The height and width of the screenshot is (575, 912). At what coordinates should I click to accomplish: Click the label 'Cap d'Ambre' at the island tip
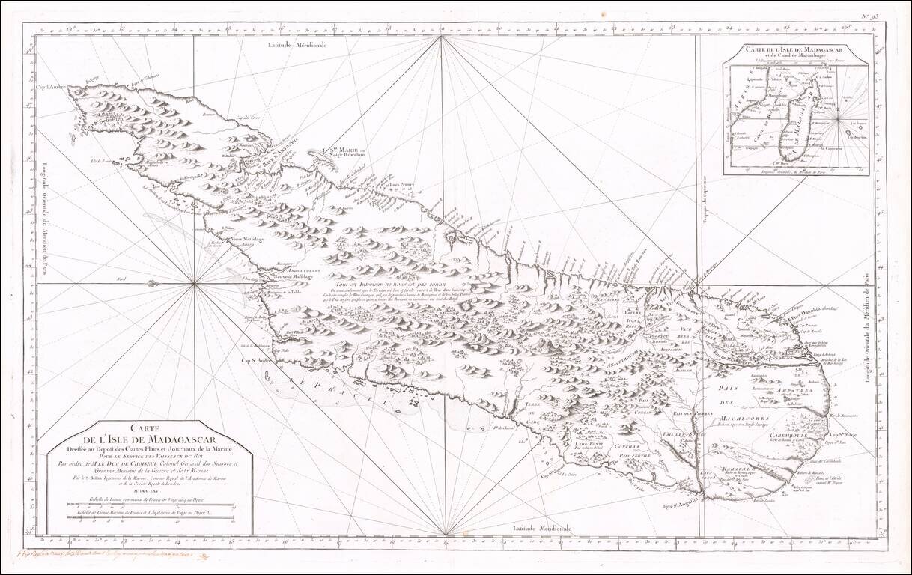[51, 88]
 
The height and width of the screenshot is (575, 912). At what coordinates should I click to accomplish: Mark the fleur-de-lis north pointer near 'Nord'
[153, 283]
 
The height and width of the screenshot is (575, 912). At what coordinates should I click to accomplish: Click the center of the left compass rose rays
[195, 283]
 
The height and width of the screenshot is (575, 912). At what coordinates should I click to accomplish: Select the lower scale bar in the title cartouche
[150, 515]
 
